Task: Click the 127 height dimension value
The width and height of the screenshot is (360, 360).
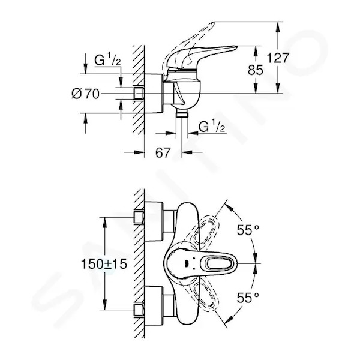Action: coord(278,58)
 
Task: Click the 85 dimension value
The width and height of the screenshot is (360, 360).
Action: coord(256,70)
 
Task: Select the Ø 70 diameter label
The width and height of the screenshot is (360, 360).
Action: coord(85,94)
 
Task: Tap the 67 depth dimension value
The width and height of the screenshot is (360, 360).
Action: coord(163,152)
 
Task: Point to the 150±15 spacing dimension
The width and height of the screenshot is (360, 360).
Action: coord(104,264)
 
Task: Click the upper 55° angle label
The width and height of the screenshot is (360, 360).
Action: coord(248,230)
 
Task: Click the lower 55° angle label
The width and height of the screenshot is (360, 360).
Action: coord(248,298)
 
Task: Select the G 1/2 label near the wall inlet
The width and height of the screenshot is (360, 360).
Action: coord(107,59)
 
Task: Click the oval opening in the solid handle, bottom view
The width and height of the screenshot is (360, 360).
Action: coord(219,263)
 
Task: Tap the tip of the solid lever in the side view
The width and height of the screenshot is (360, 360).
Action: coord(237,47)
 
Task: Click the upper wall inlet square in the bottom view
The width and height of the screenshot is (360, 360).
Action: coord(139,217)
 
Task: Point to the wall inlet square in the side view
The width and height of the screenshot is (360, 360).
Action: coord(139,94)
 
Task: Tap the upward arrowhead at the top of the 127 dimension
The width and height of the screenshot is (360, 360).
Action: coord(278,27)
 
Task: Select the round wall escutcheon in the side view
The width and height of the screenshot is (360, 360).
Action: coord(154,94)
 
